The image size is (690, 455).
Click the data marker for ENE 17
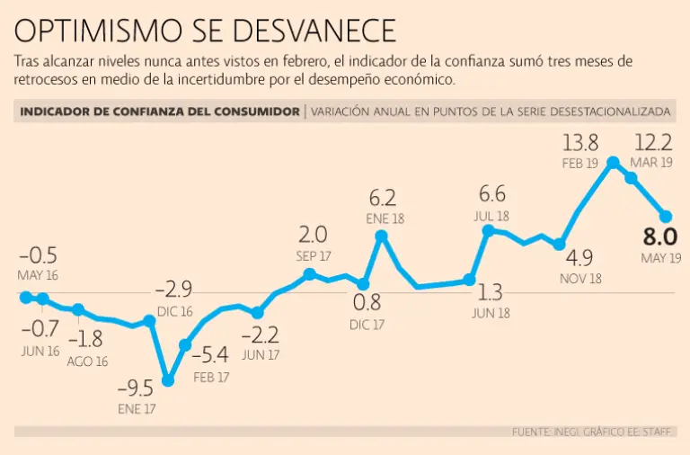click(168, 380)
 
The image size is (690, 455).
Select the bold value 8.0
click(659, 238)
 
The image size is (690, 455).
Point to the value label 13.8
click(580, 142)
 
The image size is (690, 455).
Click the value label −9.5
click(136, 388)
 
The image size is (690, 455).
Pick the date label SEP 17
click(313, 255)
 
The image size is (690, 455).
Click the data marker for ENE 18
click(382, 236)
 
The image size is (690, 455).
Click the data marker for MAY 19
click(666, 216)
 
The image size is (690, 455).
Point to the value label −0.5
click(38, 255)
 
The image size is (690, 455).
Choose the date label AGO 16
click(87, 361)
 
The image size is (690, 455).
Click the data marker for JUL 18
click(489, 230)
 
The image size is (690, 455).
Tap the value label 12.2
click(653, 142)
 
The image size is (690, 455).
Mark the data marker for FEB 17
click(186, 344)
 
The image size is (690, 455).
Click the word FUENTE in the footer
click(531, 433)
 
